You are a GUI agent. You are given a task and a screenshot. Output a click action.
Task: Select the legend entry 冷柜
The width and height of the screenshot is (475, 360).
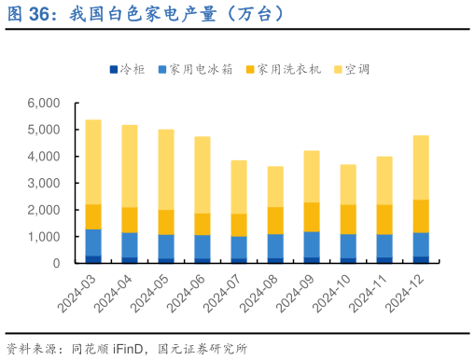pyautogui.click(x=131, y=69)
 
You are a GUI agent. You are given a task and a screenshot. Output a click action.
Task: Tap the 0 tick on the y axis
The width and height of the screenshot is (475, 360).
pyautogui.click(x=55, y=264)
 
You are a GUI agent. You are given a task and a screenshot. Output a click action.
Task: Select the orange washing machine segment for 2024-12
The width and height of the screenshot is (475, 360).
pyautogui.click(x=420, y=215)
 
